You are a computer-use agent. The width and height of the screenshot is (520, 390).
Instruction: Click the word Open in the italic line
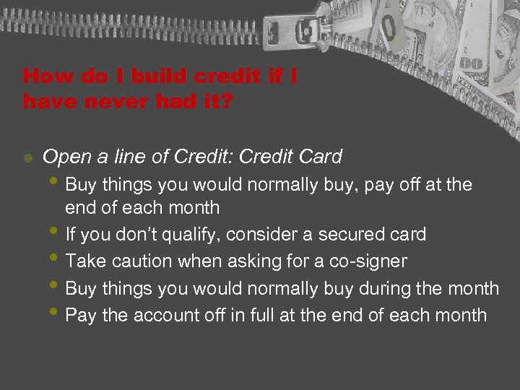[63, 157]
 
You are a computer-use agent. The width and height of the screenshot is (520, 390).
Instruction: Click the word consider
[277, 235]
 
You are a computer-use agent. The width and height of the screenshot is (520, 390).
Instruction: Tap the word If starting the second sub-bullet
[70, 235]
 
